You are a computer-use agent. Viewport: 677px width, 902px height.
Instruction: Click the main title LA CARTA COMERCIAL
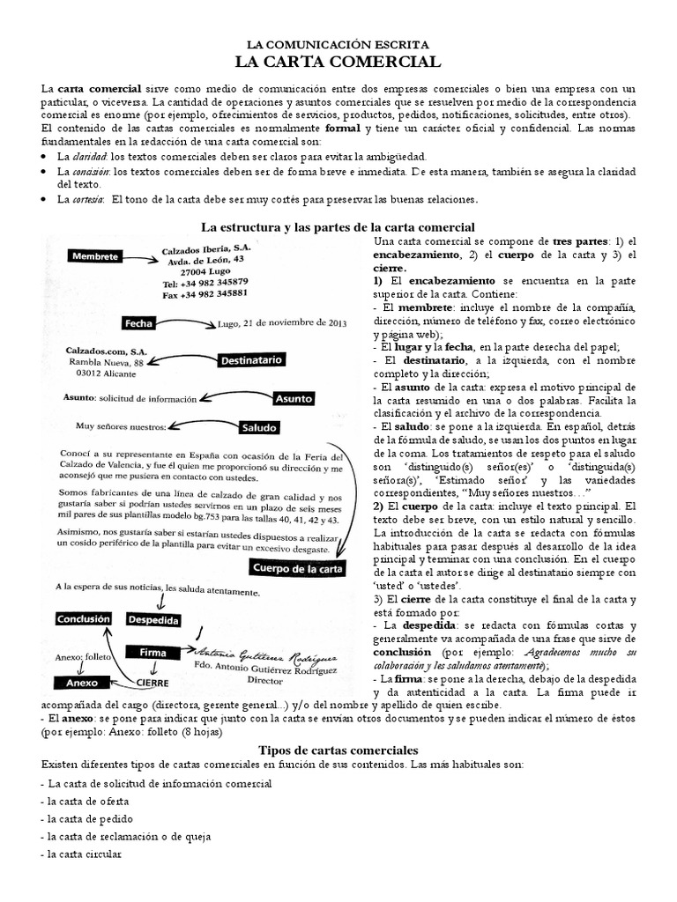337,62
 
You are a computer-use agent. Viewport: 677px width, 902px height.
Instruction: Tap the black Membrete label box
96,255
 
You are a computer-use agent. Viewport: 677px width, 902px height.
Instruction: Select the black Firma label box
154,653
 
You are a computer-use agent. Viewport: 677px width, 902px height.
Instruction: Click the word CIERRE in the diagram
153,682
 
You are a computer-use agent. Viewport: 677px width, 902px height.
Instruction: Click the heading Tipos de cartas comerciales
338,749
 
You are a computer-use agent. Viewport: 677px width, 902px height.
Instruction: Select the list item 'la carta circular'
81,854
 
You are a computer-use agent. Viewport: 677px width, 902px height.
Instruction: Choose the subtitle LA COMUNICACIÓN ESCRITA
338,43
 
